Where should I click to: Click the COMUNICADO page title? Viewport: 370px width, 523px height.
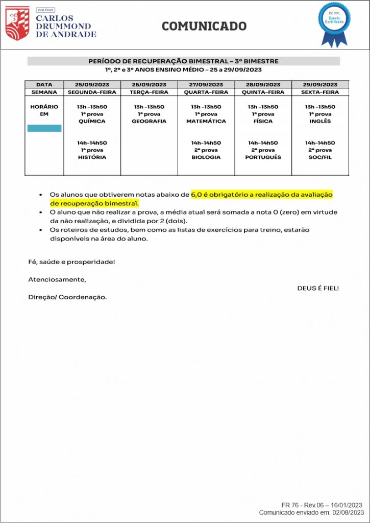pyautogui.click(x=204, y=26)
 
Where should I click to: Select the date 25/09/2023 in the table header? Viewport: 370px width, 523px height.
pyautogui.click(x=92, y=84)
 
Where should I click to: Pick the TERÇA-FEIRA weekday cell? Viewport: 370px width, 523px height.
pyautogui.click(x=149, y=92)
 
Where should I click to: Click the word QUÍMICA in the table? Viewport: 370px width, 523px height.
pyautogui.click(x=92, y=122)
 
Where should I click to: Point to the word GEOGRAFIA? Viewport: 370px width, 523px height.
pyautogui.click(x=149, y=122)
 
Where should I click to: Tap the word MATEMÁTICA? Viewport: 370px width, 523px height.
pyautogui.click(x=206, y=122)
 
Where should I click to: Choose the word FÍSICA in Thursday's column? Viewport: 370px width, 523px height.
pyautogui.click(x=263, y=122)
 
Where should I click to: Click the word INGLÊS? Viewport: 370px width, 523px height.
pyautogui.click(x=320, y=122)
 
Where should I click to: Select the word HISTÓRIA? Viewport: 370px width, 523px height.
pyautogui.click(x=92, y=157)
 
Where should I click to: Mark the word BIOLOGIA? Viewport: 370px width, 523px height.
pyautogui.click(x=206, y=157)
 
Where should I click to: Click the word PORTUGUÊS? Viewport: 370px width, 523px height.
pyautogui.click(x=263, y=157)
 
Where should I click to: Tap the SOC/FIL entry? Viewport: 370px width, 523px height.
pyautogui.click(x=320, y=157)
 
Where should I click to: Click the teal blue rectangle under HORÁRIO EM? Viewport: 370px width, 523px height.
pyautogui.click(x=44, y=128)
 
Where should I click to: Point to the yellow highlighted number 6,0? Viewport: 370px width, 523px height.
pyautogui.click(x=196, y=195)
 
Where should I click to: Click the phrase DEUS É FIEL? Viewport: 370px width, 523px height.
pyautogui.click(x=318, y=288)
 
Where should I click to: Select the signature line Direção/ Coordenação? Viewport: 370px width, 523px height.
pyautogui.click(x=67, y=297)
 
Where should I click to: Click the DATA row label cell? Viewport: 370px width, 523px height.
pyautogui.click(x=44, y=84)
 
